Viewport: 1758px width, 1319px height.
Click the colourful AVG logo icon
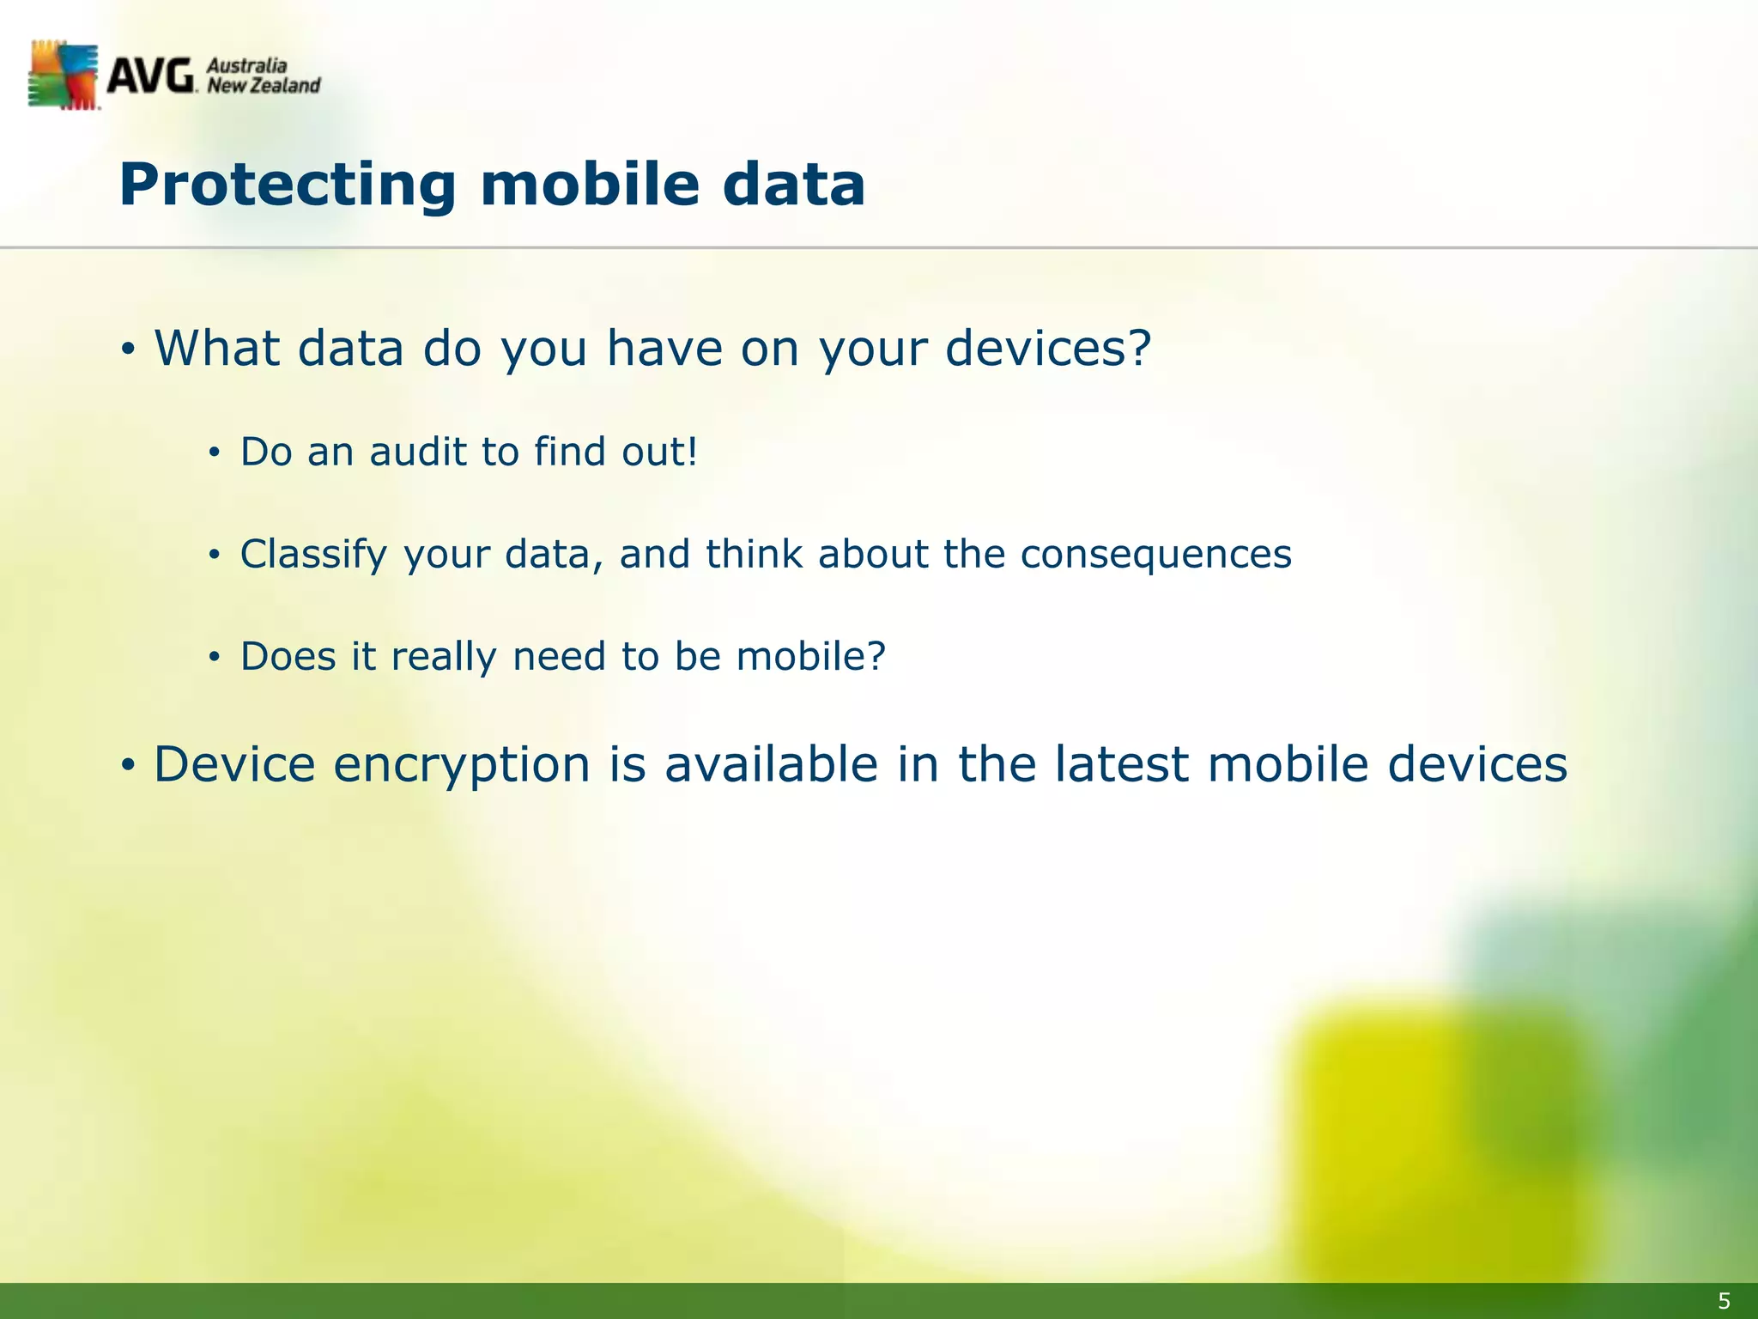tap(64, 76)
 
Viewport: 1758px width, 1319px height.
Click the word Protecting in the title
tap(288, 185)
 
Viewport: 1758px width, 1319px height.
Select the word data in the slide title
tap(793, 185)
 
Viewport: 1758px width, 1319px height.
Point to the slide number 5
tap(1724, 1301)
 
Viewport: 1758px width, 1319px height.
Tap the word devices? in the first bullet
tap(1047, 349)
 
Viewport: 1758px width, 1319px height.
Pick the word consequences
tap(1155, 555)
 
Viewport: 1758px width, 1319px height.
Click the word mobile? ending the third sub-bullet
tap(810, 657)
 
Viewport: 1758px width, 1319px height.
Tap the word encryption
tap(462, 765)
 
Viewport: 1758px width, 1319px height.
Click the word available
tap(772, 764)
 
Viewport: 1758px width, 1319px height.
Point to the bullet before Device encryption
tap(128, 765)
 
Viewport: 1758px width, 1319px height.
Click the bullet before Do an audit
tap(215, 453)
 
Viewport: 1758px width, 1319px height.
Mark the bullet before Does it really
tap(215, 659)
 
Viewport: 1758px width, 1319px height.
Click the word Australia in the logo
tap(247, 66)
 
